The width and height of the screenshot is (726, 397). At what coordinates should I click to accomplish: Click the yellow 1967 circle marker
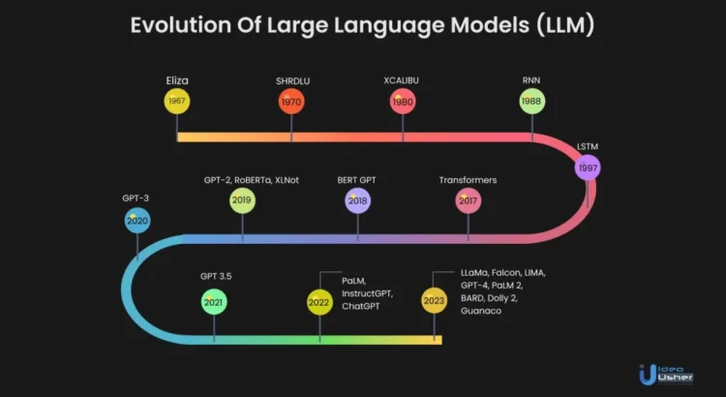pos(177,101)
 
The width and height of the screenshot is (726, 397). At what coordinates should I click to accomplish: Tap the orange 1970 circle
pos(291,102)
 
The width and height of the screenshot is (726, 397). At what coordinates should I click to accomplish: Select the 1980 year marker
pos(403,102)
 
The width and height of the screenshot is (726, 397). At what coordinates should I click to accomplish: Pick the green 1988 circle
pos(532,101)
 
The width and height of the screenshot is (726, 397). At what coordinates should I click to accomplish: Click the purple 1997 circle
pos(588,168)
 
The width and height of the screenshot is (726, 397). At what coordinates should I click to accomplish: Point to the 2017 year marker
pos(469,200)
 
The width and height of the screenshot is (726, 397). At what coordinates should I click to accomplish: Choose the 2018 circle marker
pos(357,200)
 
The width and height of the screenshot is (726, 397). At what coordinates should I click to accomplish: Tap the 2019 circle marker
pos(242,200)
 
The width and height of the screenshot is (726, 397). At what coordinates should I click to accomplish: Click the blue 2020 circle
pos(137,221)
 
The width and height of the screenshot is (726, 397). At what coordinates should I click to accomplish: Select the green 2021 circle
pos(214,302)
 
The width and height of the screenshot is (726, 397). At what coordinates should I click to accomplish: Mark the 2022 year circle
pos(319,302)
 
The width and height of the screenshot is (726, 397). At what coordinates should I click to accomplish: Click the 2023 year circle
pos(435,300)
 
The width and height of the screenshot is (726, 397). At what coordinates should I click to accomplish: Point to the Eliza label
pos(177,80)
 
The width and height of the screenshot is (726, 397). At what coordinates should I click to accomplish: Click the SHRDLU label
pos(292,81)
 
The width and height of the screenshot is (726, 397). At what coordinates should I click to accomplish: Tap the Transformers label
pos(468,180)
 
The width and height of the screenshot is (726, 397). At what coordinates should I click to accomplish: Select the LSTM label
pos(588,147)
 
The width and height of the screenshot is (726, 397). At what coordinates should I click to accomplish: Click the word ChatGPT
pos(361,306)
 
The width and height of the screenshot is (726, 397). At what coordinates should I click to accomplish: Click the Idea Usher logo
pos(666,375)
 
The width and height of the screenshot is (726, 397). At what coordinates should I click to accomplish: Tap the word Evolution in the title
pos(181,25)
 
